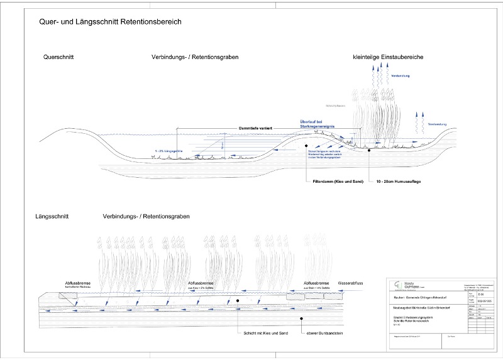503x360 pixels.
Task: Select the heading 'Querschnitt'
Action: pos(58,57)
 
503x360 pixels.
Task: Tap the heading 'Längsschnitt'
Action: pos(52,217)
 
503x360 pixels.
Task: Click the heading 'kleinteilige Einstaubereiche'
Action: pos(388,57)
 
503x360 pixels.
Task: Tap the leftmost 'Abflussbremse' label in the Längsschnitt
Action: pos(78,283)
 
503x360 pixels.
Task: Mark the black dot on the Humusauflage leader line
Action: pos(370,151)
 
